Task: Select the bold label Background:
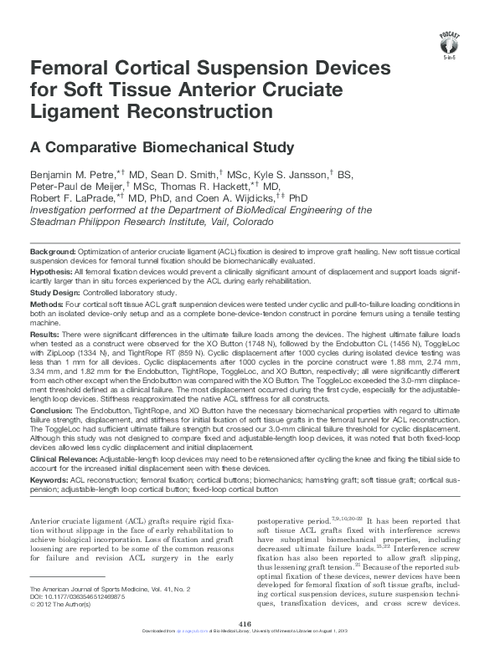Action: tap(53, 252)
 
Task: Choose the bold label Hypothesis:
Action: tap(52, 272)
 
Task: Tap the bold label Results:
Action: tap(46, 334)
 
